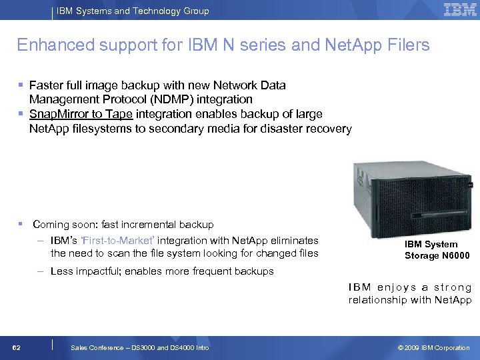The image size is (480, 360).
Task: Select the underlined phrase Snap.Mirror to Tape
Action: coord(81,114)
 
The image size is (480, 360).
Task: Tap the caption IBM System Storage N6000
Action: coord(437,250)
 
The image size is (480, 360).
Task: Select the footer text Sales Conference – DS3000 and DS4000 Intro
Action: coord(139,348)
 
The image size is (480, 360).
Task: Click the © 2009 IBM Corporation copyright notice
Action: coord(433,348)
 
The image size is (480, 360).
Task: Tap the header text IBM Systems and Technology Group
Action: coord(132,11)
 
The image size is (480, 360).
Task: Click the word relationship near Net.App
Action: coord(377,300)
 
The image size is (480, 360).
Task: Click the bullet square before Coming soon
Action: coord(21,224)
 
